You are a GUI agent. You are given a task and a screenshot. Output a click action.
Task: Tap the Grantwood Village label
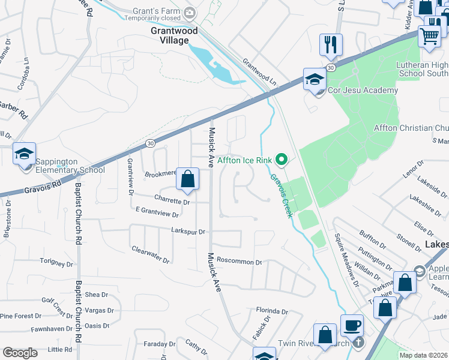tap(170, 34)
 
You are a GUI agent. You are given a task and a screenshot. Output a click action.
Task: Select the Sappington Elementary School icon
tap(25, 155)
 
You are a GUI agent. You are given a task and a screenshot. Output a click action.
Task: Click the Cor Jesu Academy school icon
tap(315, 79)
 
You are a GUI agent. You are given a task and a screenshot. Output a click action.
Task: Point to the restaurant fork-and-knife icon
tap(331, 45)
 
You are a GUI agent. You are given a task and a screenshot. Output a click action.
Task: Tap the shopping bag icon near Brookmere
tap(187, 179)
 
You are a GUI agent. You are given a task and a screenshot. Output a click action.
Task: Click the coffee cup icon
tap(352, 326)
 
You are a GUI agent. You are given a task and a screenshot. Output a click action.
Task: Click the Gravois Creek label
tap(280, 195)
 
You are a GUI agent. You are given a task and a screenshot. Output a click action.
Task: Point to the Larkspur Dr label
tap(188, 231)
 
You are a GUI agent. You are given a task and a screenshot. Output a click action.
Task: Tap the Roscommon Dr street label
tap(240, 262)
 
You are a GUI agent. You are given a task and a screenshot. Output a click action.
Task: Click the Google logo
tap(20, 353)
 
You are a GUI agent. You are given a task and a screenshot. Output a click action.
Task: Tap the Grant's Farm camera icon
tap(190, 12)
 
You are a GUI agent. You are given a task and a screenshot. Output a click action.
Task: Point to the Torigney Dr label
tap(56, 262)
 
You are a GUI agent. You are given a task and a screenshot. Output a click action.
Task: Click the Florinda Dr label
tap(272, 311)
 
